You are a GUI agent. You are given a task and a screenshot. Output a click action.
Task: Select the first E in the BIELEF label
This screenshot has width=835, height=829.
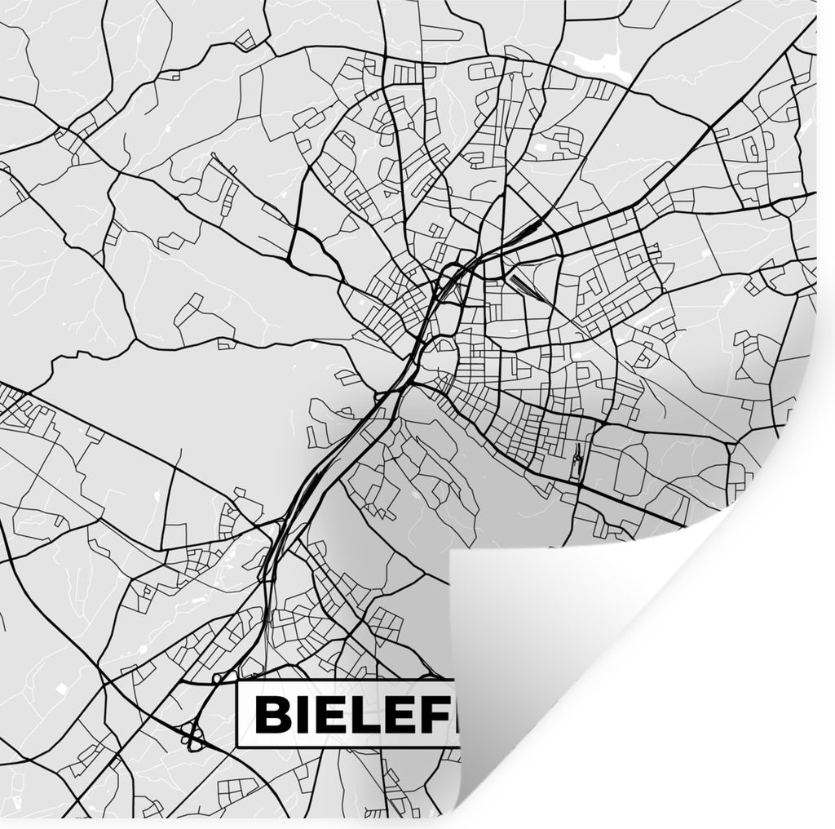click(x=333, y=715)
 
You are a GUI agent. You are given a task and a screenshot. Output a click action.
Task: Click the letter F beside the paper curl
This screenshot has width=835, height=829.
click(x=441, y=715)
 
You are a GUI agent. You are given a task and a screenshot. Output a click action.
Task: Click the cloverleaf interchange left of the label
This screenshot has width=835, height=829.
click(x=194, y=736)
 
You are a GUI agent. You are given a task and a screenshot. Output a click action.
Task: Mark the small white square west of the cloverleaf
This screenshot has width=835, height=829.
click(x=61, y=688)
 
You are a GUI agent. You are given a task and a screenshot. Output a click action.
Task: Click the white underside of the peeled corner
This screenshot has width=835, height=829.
click(x=571, y=653)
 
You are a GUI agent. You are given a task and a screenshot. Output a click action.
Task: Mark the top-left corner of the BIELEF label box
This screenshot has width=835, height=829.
click(x=237, y=683)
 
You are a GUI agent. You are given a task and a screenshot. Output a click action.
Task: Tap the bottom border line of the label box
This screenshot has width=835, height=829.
click(x=342, y=747)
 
